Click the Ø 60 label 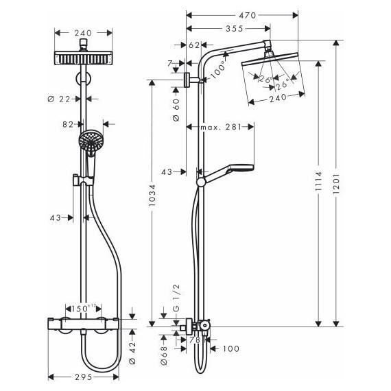point(176,109)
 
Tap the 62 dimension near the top point(193,45)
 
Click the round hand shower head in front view point(89,143)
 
